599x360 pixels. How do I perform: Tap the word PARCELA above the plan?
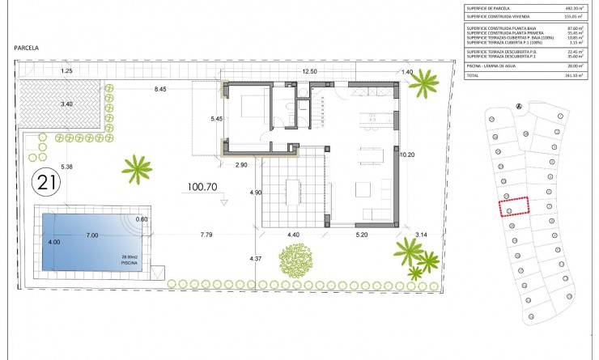click(x=28, y=49)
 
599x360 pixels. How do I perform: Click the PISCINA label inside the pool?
click(x=130, y=264)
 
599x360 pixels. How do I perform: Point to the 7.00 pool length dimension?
click(x=92, y=235)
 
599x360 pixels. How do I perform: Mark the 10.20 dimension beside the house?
click(x=407, y=154)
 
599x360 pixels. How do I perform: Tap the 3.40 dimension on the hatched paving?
click(x=66, y=104)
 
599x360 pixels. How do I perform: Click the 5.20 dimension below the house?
click(x=363, y=235)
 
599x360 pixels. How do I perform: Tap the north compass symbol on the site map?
click(x=518, y=104)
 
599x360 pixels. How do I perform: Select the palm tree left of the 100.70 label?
click(x=137, y=169)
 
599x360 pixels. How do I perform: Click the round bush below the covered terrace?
click(x=295, y=260)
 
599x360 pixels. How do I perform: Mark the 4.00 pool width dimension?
click(x=53, y=242)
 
